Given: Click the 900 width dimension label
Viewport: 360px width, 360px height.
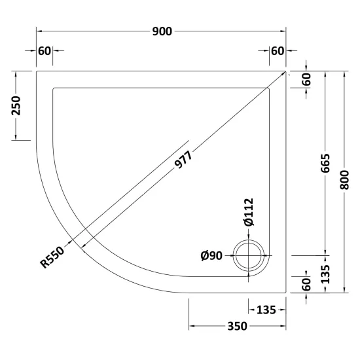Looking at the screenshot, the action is (162, 31).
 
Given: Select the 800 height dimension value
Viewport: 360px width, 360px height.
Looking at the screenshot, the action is (344, 180).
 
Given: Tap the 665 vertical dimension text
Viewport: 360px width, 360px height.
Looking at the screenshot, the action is (325, 163).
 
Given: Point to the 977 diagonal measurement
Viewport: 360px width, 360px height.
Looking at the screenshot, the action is (183, 159).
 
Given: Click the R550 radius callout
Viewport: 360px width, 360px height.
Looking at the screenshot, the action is (52, 257).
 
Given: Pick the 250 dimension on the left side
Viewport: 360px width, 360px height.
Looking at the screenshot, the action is (16, 105).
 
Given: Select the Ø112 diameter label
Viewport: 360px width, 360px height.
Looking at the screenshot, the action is (249, 212).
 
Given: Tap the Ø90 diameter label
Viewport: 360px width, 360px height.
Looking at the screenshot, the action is (211, 255).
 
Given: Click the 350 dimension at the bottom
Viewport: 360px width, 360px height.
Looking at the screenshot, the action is (237, 326).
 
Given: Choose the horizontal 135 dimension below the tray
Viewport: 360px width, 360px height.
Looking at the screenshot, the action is (266, 310).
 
